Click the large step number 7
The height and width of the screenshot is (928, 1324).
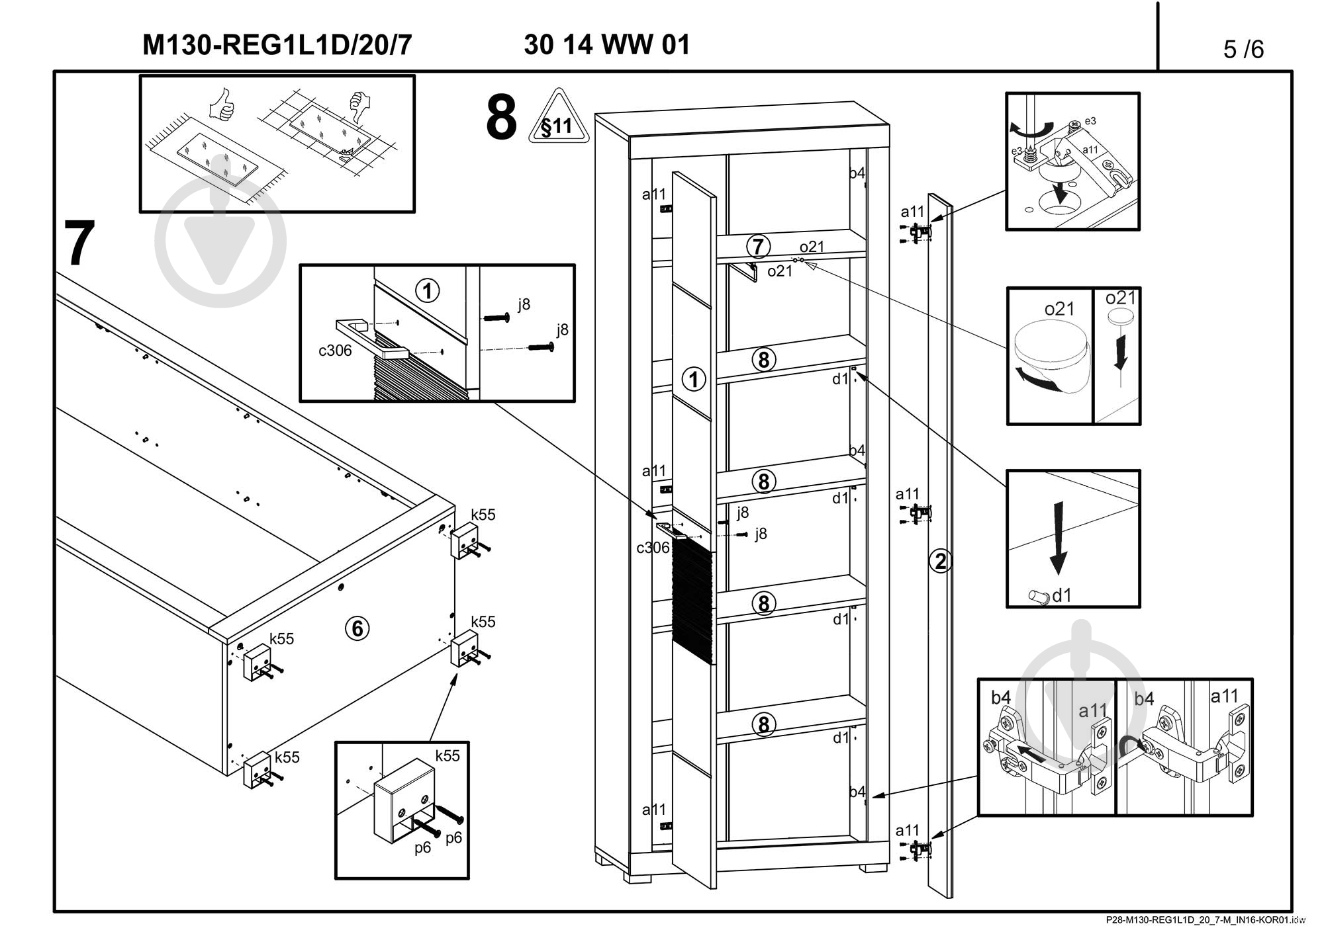click(79, 243)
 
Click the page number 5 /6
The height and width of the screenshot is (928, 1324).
click(1243, 49)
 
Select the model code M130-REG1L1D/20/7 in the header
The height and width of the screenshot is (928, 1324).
click(277, 45)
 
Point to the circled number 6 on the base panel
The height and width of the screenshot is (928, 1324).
click(357, 628)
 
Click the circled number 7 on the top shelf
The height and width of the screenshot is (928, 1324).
click(758, 247)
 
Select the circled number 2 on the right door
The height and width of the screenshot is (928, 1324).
click(940, 561)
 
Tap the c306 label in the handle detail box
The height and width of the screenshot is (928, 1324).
click(335, 351)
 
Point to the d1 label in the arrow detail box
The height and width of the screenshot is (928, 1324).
click(1061, 595)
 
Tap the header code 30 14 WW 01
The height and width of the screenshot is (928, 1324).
click(606, 45)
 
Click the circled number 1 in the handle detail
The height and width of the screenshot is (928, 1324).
click(428, 291)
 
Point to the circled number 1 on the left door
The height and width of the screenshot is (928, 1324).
click(694, 380)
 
